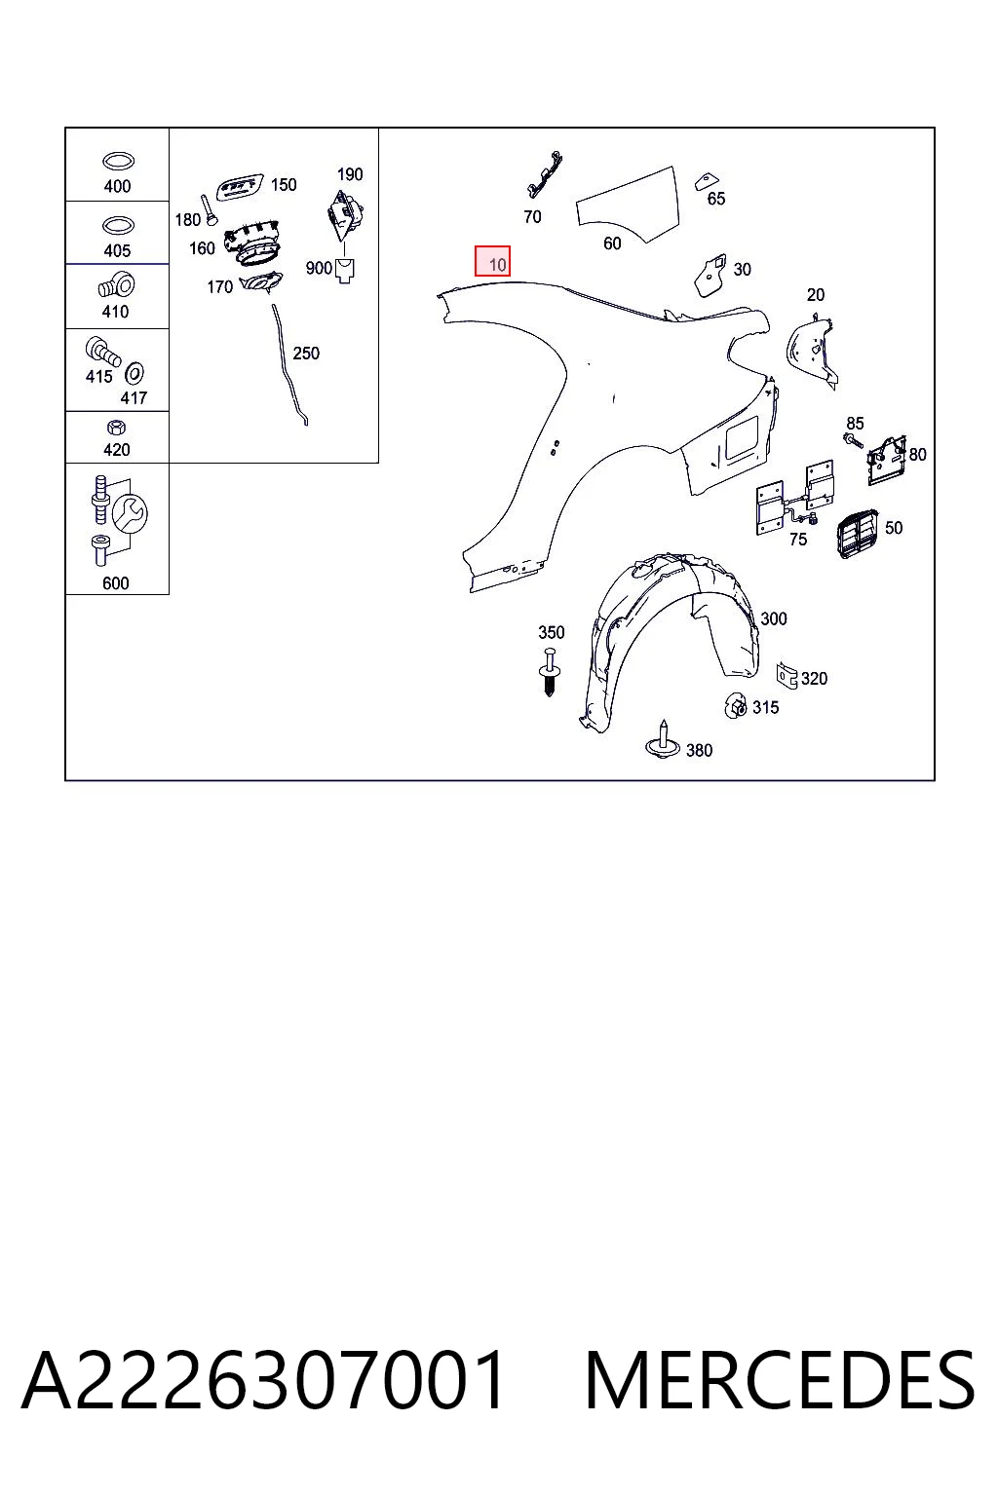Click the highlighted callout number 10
(497, 265)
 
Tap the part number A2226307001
(263, 1380)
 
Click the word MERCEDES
(780, 1380)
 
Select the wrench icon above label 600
(130, 513)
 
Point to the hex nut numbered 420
(116, 427)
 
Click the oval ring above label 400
(118, 161)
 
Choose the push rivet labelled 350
(550, 672)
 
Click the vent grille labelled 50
(857, 533)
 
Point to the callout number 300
(774, 618)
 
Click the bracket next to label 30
(710, 274)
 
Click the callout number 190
(350, 174)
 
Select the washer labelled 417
(134, 373)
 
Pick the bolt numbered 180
(208, 209)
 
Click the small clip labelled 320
(787, 675)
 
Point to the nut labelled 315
(735, 705)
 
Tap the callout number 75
(798, 539)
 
